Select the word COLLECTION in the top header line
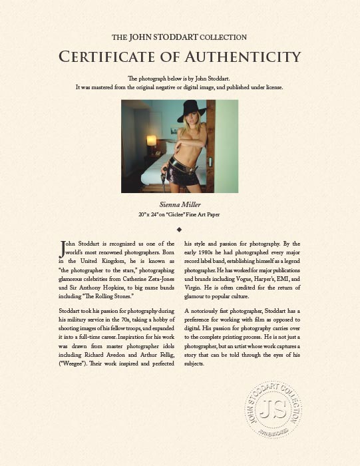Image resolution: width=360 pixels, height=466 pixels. click(x=223, y=37)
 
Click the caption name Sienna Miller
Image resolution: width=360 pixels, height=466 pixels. click(x=180, y=204)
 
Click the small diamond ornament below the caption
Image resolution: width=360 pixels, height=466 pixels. click(x=180, y=229)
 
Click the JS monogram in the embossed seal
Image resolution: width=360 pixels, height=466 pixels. click(x=273, y=409)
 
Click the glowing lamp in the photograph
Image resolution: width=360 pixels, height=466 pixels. click(x=151, y=140)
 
